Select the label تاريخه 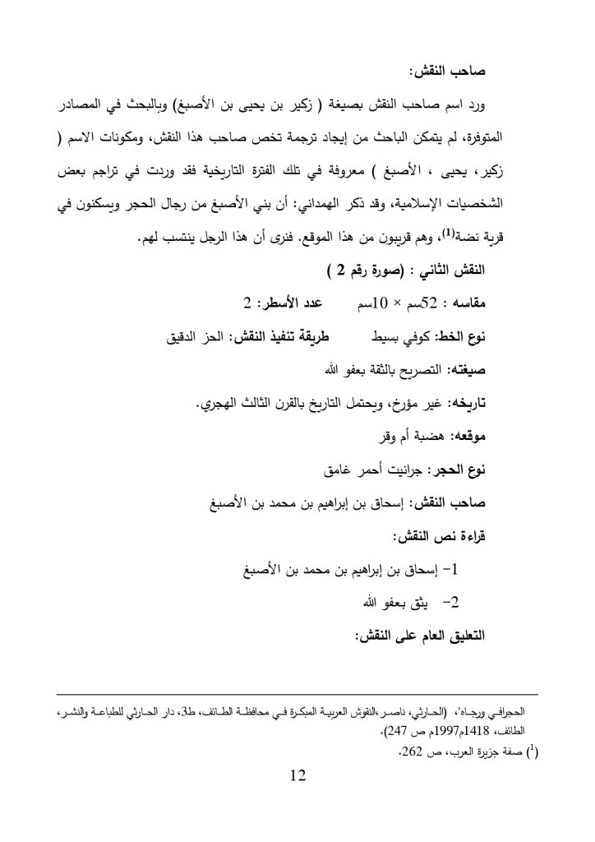tap(468, 403)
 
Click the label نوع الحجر tap(460, 470)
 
